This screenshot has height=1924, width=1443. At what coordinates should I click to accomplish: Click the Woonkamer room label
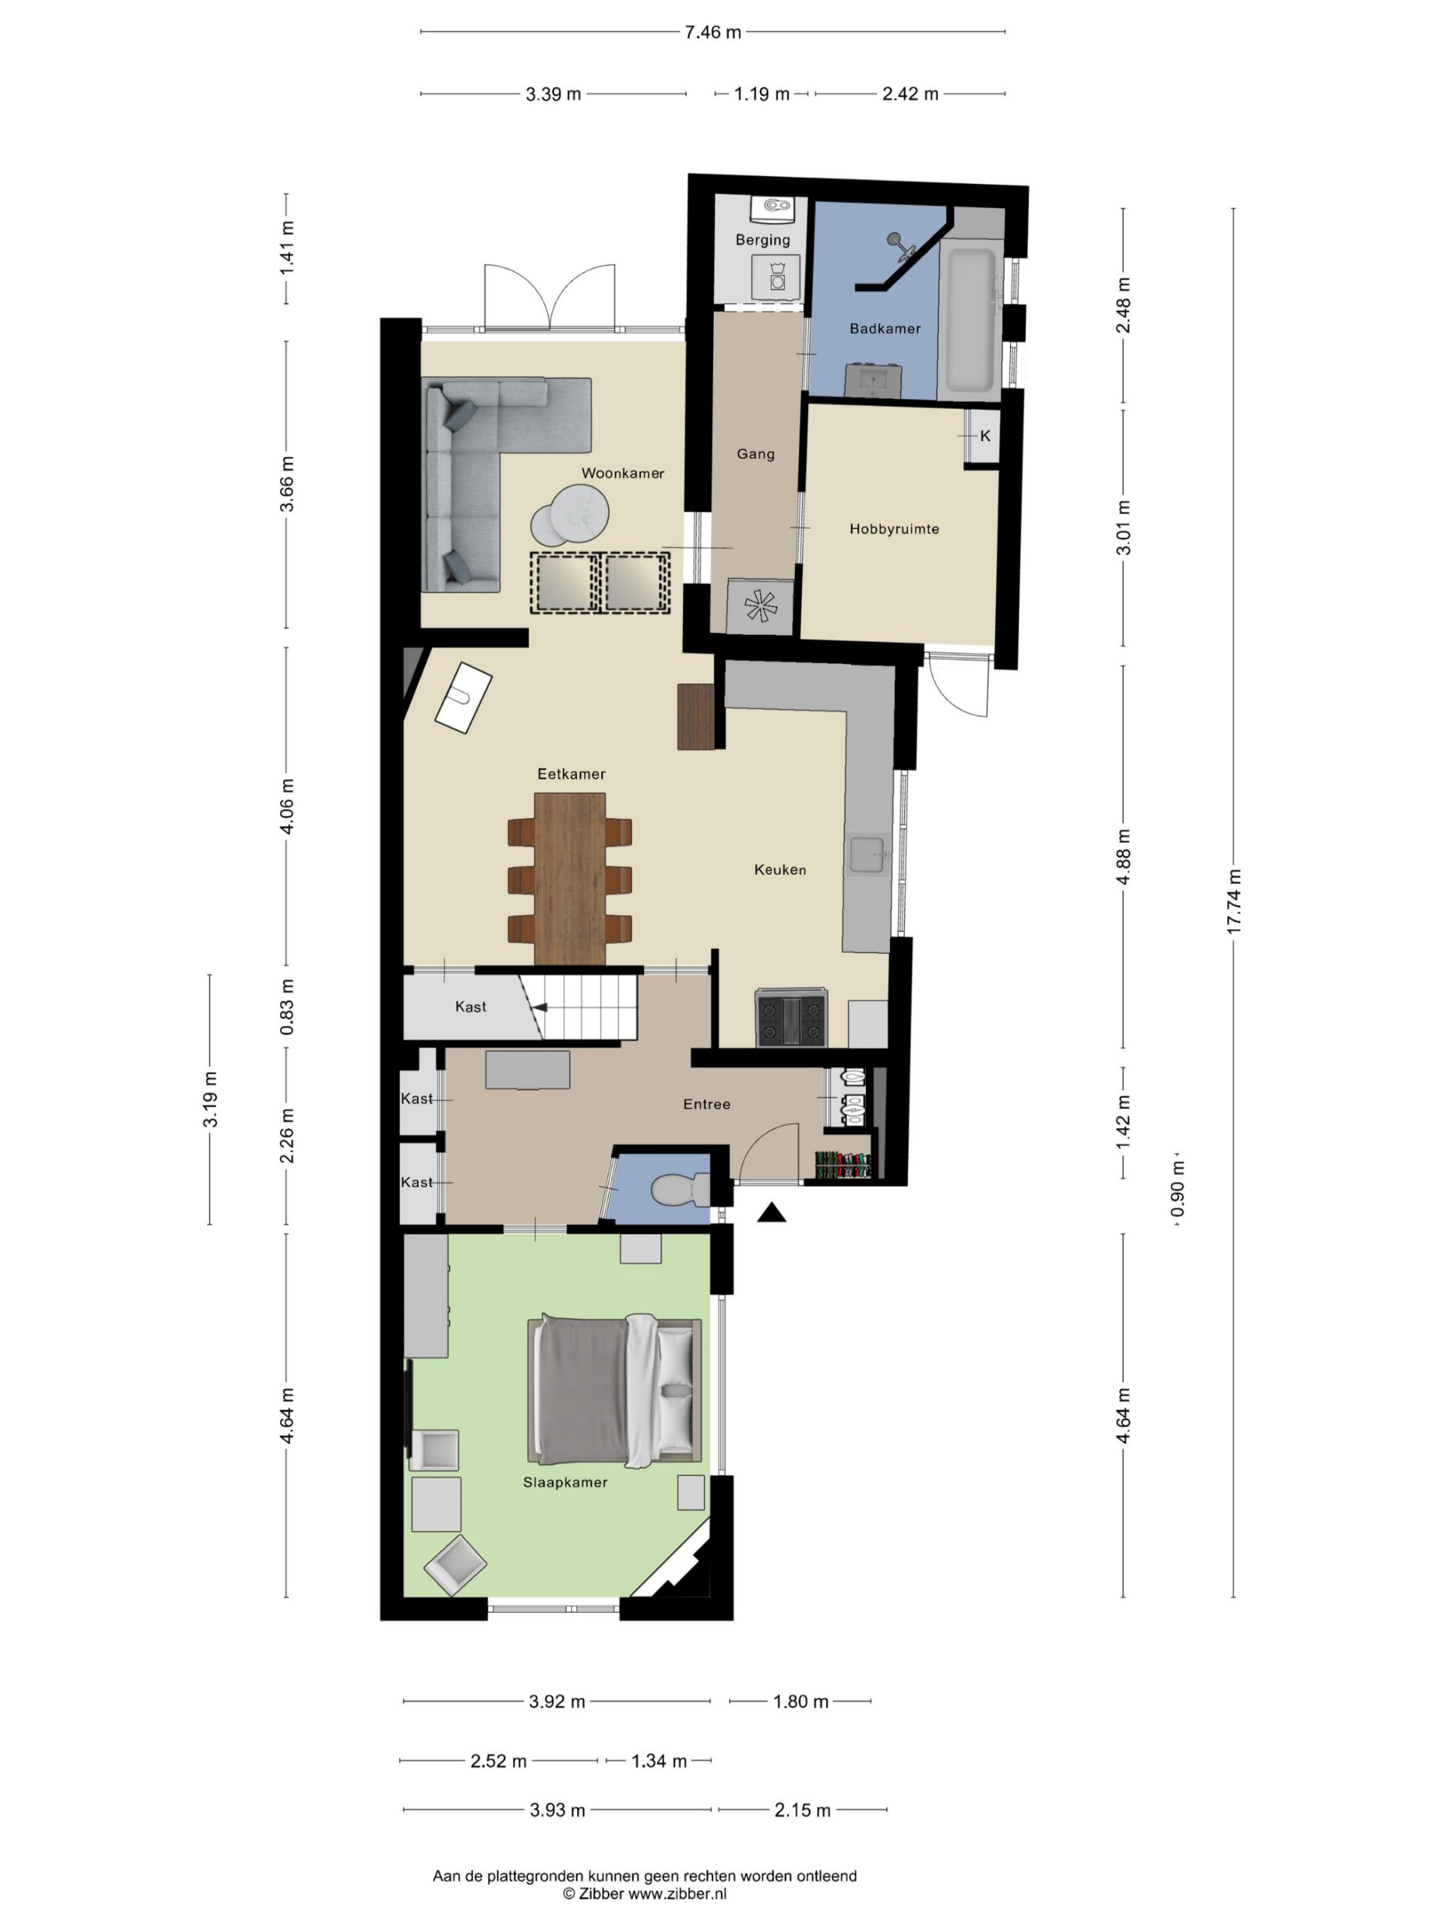tap(623, 473)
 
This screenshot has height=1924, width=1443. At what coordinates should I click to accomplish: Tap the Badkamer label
tap(885, 328)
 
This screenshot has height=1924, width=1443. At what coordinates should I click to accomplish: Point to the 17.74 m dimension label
tap(1233, 901)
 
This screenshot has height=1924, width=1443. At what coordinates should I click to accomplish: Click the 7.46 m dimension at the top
tap(713, 32)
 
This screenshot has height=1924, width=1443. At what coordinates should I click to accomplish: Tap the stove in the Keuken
tap(791, 1018)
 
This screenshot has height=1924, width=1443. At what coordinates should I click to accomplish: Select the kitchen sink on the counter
tap(869, 855)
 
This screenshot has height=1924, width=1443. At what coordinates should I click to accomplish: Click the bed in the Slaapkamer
tap(614, 1389)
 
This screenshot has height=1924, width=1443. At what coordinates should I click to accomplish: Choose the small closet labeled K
tap(984, 436)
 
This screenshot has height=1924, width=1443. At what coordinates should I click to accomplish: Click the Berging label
tap(763, 240)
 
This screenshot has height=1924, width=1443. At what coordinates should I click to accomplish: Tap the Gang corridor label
tap(755, 454)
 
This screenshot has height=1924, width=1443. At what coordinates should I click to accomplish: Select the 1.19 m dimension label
tap(762, 94)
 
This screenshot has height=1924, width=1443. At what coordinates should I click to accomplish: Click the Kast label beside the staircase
tap(470, 1007)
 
